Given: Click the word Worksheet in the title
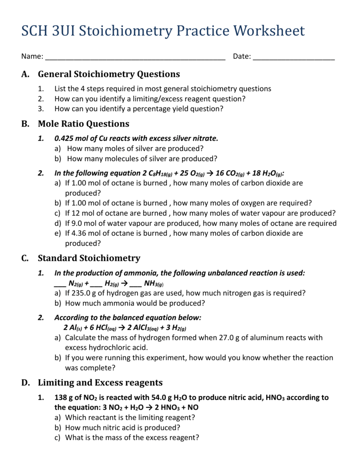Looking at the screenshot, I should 269,31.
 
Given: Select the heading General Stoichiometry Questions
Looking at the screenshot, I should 109,74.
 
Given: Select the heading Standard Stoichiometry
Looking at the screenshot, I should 89,258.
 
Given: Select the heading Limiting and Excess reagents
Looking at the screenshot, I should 100,382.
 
